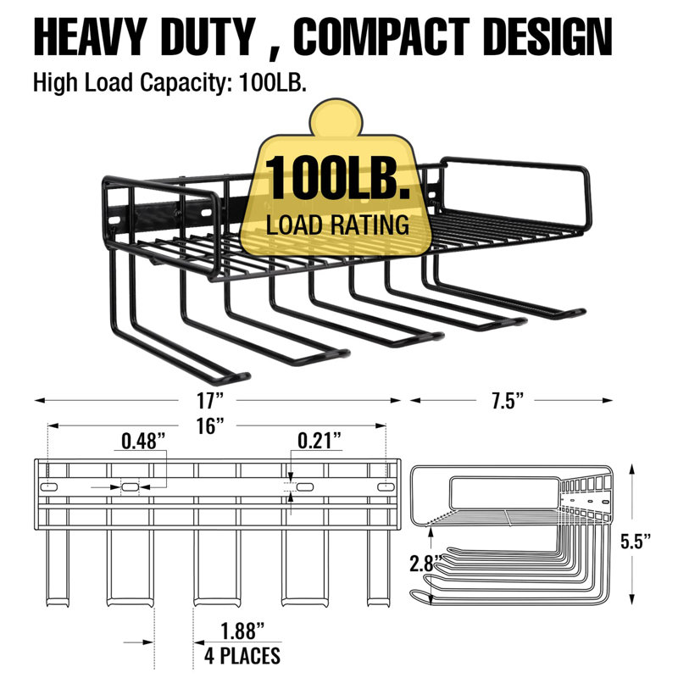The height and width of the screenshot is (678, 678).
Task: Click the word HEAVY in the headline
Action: (89, 36)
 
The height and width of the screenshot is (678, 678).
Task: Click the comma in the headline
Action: (274, 52)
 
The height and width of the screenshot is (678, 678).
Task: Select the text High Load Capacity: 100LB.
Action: (170, 82)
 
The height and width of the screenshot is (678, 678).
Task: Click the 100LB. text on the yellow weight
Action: (337, 178)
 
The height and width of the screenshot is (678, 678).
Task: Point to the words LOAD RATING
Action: (337, 225)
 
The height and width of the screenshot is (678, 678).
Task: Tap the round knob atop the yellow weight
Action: (336, 117)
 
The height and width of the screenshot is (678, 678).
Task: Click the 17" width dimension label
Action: (210, 400)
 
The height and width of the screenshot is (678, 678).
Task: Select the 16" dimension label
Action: (210, 426)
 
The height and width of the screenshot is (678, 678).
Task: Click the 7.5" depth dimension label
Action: (507, 400)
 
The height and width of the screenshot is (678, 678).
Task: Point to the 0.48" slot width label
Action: (143, 442)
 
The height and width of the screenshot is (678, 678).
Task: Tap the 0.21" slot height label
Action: (320, 441)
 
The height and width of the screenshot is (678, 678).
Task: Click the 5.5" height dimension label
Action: (636, 541)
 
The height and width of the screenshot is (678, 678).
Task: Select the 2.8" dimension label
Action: (425, 564)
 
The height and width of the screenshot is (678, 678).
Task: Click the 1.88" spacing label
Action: (242, 631)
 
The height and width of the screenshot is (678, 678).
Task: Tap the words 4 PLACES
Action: (242, 655)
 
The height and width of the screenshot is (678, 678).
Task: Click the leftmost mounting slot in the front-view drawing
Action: (49, 486)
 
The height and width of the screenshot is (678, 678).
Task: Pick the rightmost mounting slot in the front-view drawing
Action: (386, 486)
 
